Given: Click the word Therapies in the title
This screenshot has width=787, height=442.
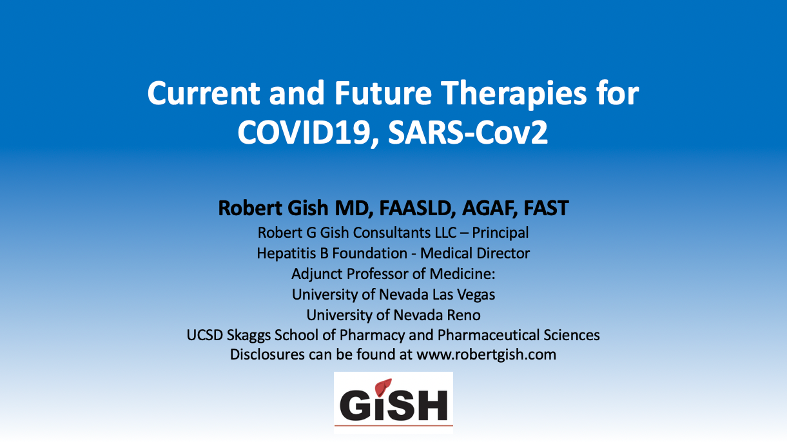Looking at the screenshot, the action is coord(514,94).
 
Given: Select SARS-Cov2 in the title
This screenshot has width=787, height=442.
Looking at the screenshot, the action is coord(468,133).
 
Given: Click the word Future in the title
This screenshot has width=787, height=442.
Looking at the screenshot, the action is coord(383,93).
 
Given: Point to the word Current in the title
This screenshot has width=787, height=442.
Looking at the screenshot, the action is coord(204,93).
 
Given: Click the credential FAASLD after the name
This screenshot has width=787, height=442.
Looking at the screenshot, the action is coord(415,208).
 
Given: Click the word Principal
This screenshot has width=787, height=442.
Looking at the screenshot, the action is coord(500,233).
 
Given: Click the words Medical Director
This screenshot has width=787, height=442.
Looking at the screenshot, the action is coord(475,253).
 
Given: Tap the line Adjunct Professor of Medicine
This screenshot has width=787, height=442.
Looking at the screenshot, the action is coord(393,274).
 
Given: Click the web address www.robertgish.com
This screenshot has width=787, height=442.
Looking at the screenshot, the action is coord(486,354).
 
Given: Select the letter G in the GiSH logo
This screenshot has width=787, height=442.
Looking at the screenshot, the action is coord(353,405).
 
